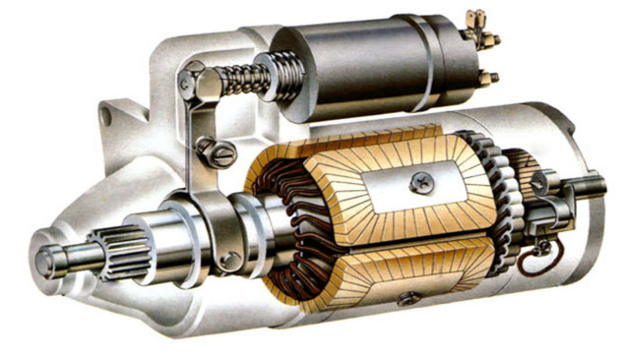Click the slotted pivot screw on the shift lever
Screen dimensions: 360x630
[219, 152]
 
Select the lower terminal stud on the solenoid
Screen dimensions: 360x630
[486, 76]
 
